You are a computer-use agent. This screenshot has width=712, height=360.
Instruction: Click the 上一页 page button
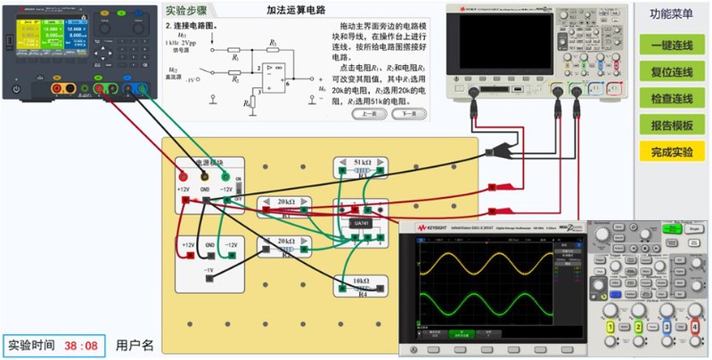tap(369, 114)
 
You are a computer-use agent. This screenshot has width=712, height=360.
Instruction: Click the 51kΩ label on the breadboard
tap(362, 162)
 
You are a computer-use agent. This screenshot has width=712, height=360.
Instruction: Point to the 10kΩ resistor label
tap(362, 281)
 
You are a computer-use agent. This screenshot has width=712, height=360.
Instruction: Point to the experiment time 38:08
tap(82, 344)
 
